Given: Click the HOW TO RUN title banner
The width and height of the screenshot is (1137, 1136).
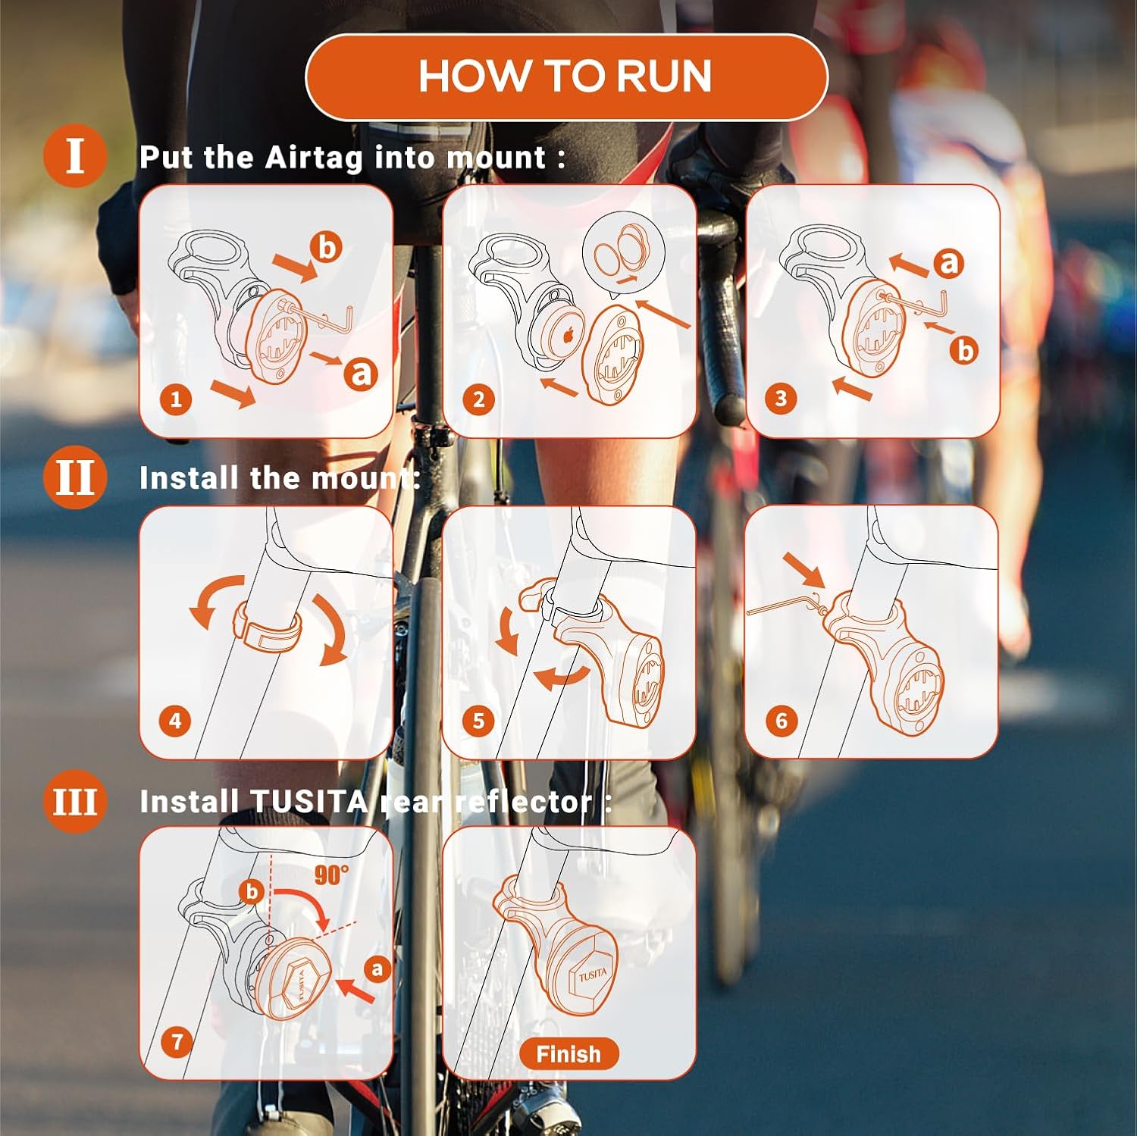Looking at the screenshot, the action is point(566,77).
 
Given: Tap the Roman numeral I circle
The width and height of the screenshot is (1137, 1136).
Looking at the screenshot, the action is point(74,156).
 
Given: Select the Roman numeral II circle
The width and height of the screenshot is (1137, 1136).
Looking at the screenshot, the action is point(74,477).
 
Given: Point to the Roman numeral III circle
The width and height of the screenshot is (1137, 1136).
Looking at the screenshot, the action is point(74,801).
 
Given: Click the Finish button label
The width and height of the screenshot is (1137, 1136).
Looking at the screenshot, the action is point(568,1053).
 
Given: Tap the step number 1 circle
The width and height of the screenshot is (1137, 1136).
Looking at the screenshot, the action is point(176,399).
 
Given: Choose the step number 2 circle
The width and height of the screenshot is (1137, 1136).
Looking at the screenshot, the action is point(478,399).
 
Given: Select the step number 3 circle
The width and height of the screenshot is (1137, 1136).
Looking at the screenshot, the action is point(781,399).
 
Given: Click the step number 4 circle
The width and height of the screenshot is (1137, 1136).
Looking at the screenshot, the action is point(176,720).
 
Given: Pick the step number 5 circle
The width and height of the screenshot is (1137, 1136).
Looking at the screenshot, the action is point(478,720).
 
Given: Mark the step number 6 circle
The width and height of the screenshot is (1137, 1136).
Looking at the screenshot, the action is point(781,720).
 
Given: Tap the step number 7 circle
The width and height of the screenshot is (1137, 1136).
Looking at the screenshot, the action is point(177,1041).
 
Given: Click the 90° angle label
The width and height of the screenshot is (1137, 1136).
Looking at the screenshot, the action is point(331,875).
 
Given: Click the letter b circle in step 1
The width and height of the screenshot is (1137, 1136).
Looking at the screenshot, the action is point(326,247).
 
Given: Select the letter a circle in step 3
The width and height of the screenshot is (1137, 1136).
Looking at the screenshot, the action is point(948,262).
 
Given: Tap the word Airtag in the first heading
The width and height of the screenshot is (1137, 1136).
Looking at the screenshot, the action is point(314,158).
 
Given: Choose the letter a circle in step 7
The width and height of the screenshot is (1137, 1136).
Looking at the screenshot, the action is point(377,969).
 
